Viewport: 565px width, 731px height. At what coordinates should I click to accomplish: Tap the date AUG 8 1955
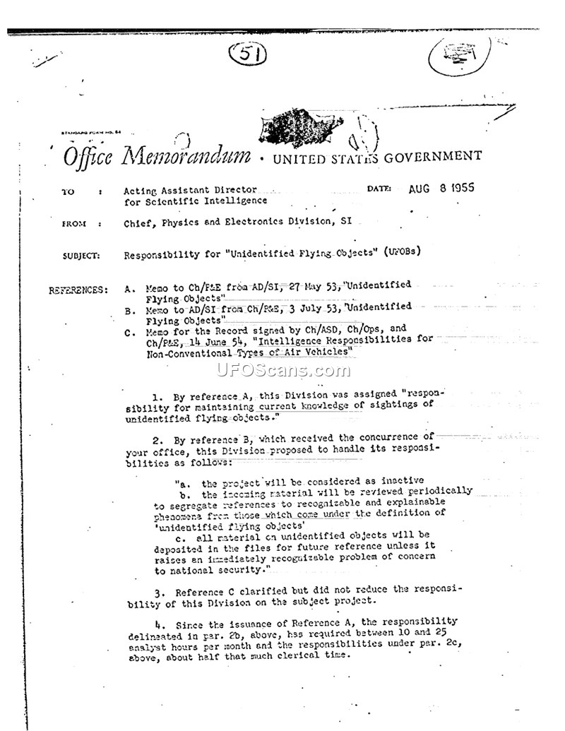441,189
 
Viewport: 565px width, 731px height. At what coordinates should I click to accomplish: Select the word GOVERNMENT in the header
434,156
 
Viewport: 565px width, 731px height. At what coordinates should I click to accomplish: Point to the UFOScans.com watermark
282,369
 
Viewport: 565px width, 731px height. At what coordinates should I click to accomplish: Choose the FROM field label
73,224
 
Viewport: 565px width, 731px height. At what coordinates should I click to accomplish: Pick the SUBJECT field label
81,256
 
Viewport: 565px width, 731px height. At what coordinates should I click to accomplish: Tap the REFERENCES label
78,290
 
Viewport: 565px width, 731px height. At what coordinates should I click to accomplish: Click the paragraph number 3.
159,592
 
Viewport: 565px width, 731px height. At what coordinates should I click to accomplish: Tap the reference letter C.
129,332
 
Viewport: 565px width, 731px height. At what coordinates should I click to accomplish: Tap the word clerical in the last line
282,655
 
